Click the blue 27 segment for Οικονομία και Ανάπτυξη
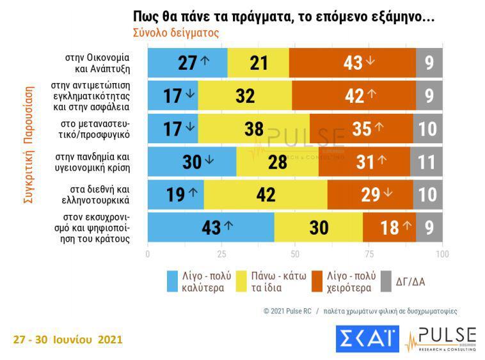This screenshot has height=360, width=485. pos(187,63)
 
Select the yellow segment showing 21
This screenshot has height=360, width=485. pos(258,63)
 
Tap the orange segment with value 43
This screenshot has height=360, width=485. pos(352,63)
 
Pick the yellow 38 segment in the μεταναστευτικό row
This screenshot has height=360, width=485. pos(254,129)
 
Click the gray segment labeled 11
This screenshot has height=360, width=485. pos(426,162)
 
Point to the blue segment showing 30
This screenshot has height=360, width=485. pos(192,162)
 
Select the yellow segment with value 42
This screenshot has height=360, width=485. pos(266,195)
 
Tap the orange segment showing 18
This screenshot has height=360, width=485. pos(389,228)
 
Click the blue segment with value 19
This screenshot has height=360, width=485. pos(176,195)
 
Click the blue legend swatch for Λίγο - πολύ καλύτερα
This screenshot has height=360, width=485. pos(172,281)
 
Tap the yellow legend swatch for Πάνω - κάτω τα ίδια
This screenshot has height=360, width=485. pos(242,281)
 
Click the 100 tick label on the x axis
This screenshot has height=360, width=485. pos(441,253)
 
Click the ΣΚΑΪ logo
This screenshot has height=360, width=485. pos(367,339)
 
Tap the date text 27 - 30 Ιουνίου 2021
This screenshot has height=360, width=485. pos(67,339)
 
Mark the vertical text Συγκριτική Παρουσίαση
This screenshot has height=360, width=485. pos(28,145)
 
